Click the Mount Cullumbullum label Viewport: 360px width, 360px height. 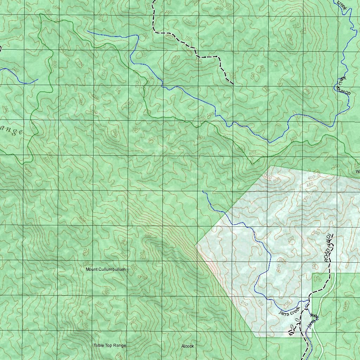point(105,269)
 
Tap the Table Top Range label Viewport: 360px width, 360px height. point(110,346)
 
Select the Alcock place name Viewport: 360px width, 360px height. point(187,346)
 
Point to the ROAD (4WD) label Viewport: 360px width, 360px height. point(328,247)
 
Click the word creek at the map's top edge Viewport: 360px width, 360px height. point(341,4)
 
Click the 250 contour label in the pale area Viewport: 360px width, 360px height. point(244,304)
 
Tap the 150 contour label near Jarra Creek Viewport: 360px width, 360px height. point(260,303)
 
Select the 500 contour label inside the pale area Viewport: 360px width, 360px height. point(277,179)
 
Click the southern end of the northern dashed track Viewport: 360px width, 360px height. point(233,84)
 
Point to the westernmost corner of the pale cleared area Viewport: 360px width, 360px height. point(197,243)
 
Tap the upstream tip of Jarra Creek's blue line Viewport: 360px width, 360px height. point(202,191)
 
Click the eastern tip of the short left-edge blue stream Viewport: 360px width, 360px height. point(38,80)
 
